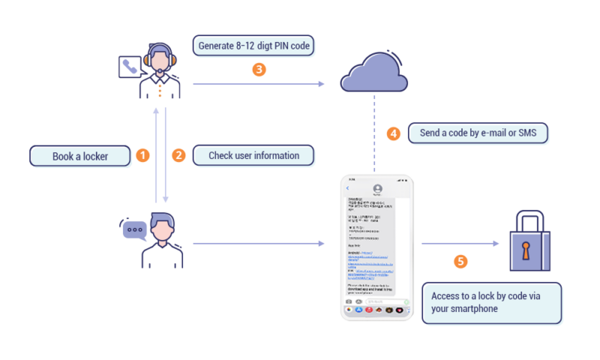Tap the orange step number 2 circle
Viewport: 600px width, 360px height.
(178, 156)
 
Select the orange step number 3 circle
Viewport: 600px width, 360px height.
(258, 70)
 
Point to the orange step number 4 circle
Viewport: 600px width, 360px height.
(393, 133)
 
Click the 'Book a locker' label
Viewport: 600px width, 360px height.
(80, 157)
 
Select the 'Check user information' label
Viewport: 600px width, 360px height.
(253, 156)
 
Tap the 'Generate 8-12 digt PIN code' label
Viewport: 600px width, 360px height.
(253, 46)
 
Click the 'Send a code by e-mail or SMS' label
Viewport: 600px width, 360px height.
(478, 133)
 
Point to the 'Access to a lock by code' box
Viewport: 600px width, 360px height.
(492, 302)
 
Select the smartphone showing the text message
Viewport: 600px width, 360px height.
(377, 247)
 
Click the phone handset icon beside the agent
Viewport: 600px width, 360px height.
(128, 67)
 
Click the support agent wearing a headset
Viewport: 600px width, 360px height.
(160, 72)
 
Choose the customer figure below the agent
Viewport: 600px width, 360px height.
(163, 240)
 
